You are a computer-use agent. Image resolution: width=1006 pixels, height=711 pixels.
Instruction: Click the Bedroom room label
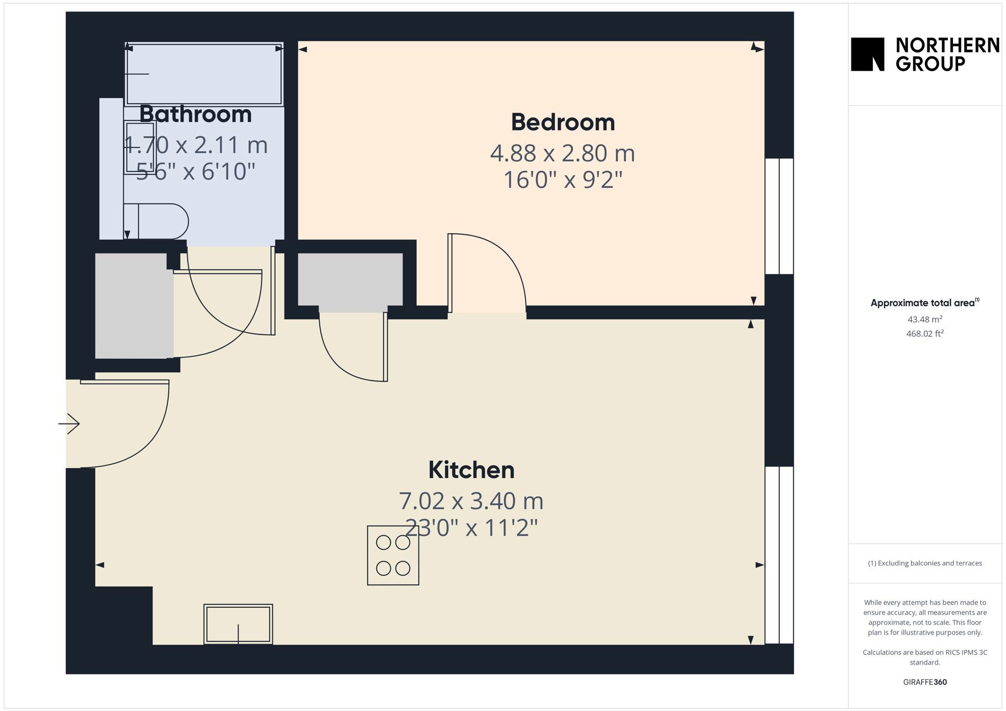point(563,123)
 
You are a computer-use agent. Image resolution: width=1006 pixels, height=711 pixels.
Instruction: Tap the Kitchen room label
point(471,470)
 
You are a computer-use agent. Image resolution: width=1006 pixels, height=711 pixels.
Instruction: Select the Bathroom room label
point(195,114)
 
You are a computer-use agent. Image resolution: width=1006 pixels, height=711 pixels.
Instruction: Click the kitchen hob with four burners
point(393,555)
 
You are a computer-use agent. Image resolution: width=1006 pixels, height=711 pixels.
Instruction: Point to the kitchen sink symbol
point(238,624)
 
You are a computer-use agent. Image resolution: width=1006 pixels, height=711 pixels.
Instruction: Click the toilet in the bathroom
point(156,221)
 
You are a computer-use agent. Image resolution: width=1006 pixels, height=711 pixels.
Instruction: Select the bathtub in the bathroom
point(204,74)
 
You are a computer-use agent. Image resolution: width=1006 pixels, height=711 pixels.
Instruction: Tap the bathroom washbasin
point(140,147)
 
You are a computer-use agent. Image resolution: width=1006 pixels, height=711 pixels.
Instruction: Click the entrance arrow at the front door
point(69,423)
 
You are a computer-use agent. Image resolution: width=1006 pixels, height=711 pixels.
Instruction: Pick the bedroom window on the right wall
point(779,216)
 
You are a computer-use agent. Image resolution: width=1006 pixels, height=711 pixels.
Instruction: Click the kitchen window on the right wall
point(779,555)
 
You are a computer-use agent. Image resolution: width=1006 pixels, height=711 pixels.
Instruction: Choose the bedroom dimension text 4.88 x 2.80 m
point(563,153)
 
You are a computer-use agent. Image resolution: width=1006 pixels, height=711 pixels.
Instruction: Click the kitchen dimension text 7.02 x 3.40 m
point(471,501)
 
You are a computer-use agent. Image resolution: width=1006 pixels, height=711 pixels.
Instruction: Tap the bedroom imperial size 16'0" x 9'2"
point(563,180)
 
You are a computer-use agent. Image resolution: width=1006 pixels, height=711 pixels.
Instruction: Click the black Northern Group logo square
point(868,54)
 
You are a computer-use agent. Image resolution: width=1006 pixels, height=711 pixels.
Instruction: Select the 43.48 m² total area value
point(925,319)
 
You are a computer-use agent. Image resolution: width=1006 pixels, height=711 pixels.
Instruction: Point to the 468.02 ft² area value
point(925,333)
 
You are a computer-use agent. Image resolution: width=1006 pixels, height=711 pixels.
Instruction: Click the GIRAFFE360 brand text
point(925,682)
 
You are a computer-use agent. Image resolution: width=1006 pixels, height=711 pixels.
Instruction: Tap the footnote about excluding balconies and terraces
point(925,563)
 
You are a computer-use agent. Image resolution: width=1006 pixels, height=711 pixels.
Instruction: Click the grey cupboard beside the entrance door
point(134,306)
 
